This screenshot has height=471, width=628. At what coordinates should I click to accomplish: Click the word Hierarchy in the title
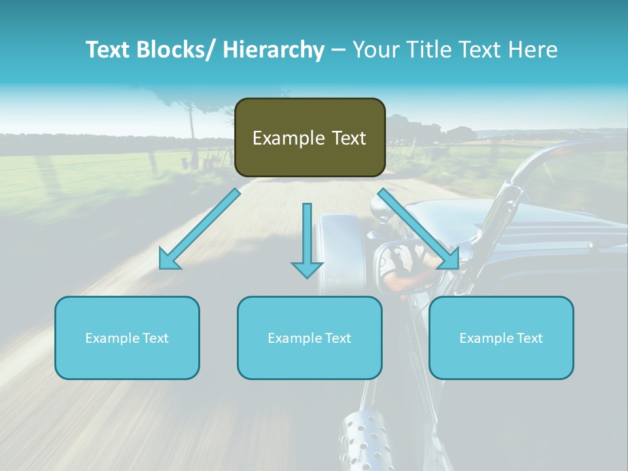273,50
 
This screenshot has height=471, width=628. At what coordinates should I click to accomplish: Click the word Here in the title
533,50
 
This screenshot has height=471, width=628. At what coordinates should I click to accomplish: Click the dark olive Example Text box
309,137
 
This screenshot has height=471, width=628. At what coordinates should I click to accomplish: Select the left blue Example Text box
127,338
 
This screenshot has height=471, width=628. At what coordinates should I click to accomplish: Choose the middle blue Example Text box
309,338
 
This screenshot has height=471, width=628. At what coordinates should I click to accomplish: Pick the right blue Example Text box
501,338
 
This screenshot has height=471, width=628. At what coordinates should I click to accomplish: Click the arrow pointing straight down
307,242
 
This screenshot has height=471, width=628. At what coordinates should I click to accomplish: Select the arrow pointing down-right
419,229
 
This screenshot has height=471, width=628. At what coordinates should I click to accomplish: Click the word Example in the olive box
285,138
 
